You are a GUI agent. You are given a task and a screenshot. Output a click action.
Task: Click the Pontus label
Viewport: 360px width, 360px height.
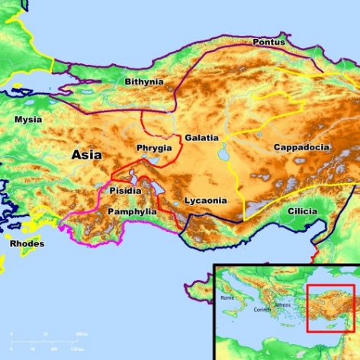coord(268,42)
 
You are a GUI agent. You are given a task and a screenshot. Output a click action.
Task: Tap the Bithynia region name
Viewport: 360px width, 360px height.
coord(144,81)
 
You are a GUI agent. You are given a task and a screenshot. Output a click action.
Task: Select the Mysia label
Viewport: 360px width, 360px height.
coord(28,120)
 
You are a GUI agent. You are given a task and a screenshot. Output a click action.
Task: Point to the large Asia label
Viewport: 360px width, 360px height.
coord(86,154)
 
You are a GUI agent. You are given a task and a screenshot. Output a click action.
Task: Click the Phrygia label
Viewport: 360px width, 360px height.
coord(154,147)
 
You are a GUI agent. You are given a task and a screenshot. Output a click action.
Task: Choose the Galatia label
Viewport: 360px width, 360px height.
coord(201,138)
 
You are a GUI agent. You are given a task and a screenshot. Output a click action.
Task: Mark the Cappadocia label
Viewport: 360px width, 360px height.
coord(301,146)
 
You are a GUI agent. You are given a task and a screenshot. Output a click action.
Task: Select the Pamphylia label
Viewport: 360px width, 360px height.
coord(132,211)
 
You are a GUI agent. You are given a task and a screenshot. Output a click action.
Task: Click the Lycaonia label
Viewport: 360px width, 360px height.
coord(205,201)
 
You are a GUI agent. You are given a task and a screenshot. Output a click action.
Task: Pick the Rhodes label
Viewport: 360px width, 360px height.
coord(27,244)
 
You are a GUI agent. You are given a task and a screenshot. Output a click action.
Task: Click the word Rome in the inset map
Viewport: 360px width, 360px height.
coord(228,297)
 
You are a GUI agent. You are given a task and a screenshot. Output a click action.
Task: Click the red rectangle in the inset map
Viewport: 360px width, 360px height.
coord(329,308)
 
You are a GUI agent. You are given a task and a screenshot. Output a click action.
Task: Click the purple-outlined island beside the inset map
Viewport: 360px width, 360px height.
coord(197,288)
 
